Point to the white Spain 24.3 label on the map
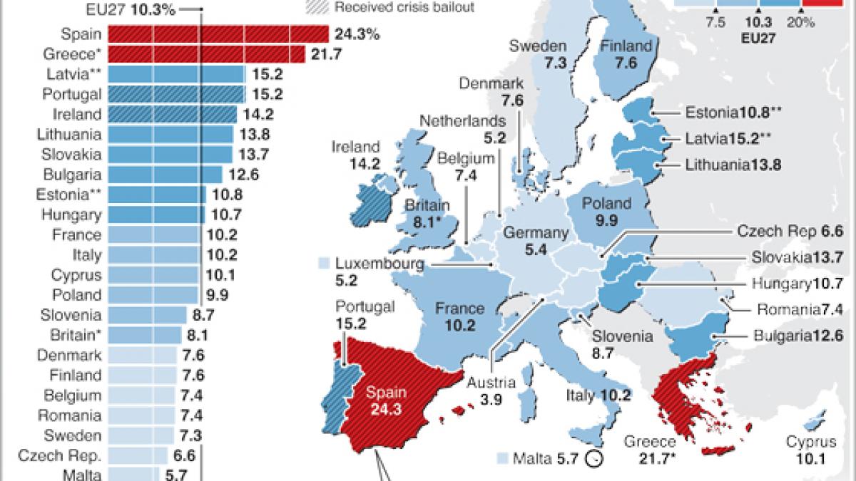tap(385, 400)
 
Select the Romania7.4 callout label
tap(800, 309)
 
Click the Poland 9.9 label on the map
tap(606, 212)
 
